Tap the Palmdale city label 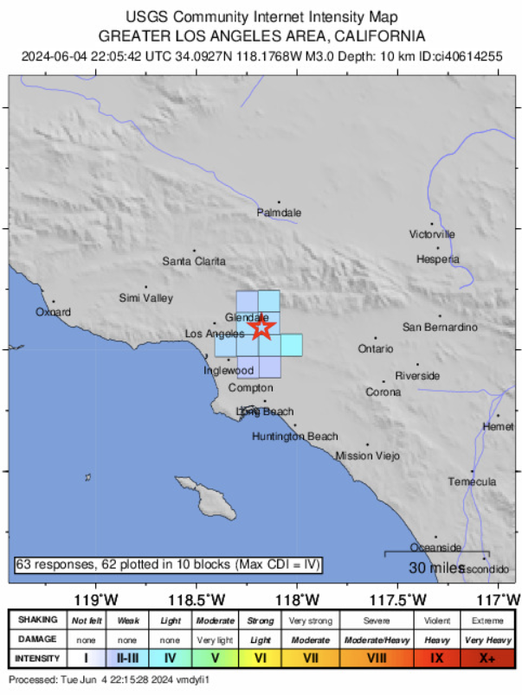tap(279, 213)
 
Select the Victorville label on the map tap(432, 234)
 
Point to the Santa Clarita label tap(194, 261)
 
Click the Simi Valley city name tap(145, 298)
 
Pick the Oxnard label tap(53, 312)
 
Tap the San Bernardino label tap(440, 327)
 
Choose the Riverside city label tap(417, 376)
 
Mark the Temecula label tap(472, 481)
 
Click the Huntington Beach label tap(294, 437)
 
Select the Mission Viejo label tap(367, 456)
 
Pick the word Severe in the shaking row tap(377, 621)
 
